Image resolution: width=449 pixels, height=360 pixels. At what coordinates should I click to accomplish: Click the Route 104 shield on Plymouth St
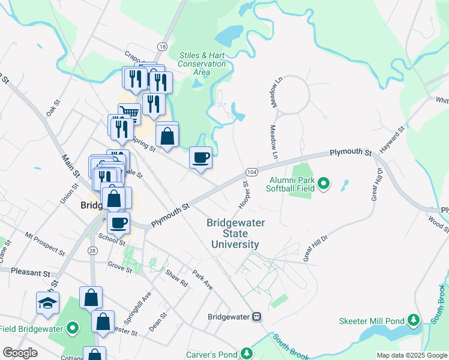pos(252,172)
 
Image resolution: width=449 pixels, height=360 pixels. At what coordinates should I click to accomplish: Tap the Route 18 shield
pos(162,46)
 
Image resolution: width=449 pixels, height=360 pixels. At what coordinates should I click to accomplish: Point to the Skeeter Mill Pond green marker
pos(414,321)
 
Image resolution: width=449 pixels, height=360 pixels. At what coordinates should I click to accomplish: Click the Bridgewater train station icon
pos(256,316)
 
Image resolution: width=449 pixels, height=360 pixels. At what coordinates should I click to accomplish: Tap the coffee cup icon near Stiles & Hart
pos(201,158)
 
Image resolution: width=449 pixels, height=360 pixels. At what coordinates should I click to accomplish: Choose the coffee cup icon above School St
pos(118,223)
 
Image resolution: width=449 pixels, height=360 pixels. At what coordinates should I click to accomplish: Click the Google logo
pos(20,353)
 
